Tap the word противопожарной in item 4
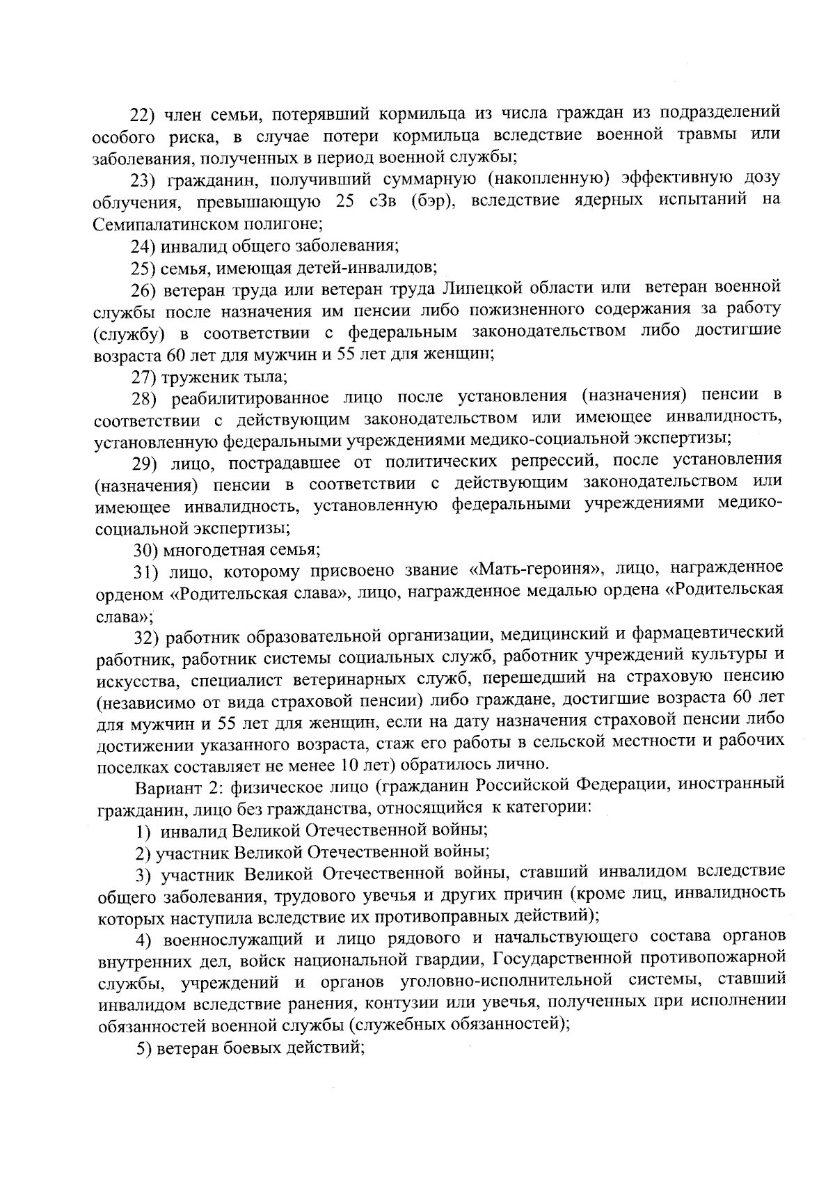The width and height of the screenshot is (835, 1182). [x=718, y=959]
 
